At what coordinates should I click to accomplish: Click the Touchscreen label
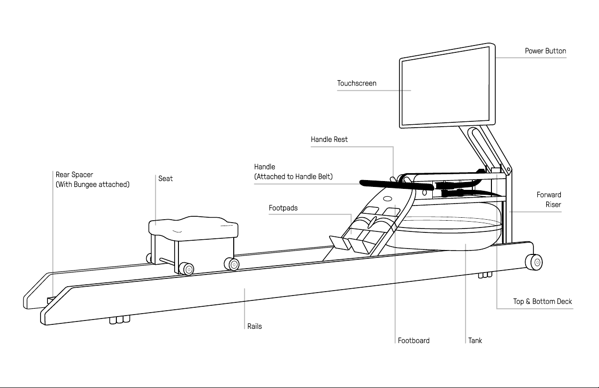pos(356,83)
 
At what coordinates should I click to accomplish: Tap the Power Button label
pos(545,51)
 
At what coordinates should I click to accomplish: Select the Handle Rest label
pos(329,139)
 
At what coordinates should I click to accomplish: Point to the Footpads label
pos(283,208)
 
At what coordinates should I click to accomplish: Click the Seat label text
pos(165,179)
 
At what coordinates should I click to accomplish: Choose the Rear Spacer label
pos(74,175)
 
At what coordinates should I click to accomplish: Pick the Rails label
pos(254,326)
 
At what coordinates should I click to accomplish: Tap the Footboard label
pos(414,341)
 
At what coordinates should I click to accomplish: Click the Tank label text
pos(475,341)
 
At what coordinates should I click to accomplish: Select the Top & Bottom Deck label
pos(542,301)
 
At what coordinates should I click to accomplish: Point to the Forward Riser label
pos(549,200)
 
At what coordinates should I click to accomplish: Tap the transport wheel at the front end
pos(534,262)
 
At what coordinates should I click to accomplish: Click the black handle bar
pos(396,184)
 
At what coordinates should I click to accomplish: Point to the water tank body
pos(450,235)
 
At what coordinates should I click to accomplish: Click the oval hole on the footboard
pos(388,199)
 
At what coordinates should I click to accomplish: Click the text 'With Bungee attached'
pos(92,184)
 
